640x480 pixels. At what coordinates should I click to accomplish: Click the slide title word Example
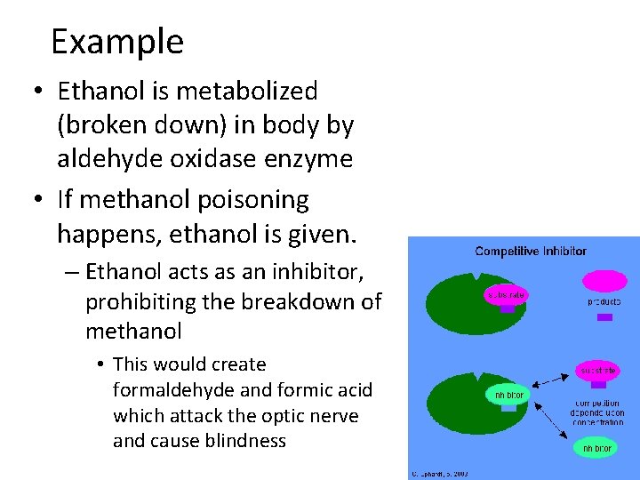[117, 42]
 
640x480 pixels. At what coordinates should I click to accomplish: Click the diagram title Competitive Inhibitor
[531, 251]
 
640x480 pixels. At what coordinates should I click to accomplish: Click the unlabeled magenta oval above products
[604, 281]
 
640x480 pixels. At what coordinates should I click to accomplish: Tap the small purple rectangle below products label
[604, 316]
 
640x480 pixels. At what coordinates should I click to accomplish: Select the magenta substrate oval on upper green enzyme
[507, 292]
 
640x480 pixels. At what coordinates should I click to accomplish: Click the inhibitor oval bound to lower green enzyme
[508, 393]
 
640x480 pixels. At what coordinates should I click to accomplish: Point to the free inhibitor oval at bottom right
[596, 449]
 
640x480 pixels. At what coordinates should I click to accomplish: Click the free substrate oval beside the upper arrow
[597, 370]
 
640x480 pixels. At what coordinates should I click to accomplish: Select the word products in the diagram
[604, 301]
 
